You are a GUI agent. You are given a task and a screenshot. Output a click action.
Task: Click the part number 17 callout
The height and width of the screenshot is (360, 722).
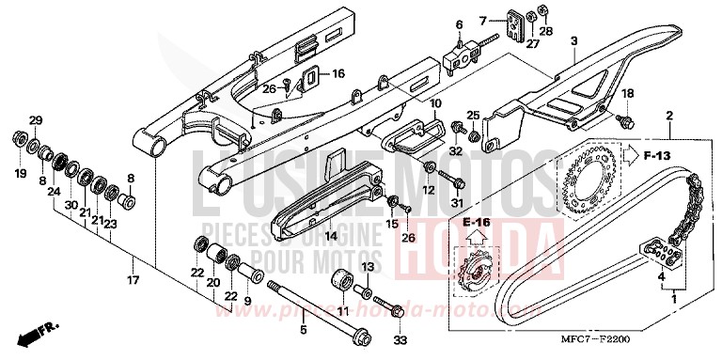point(133,280)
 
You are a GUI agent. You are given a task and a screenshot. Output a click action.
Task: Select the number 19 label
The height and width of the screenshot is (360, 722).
point(20,175)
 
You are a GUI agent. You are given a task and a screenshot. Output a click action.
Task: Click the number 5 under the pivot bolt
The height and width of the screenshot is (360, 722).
point(303,330)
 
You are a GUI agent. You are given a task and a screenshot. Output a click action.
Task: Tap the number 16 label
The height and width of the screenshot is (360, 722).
point(337,72)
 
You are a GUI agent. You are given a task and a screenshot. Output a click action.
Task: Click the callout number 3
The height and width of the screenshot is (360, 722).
point(573,40)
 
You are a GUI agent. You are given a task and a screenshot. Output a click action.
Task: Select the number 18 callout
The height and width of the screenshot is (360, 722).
point(626,92)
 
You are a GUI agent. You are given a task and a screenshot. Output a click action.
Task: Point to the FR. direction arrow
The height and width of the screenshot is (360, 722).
point(37,332)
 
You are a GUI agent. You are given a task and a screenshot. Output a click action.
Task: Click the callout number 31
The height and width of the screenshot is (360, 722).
point(458,204)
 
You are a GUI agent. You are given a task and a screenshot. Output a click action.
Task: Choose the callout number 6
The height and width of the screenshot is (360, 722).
point(460,23)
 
